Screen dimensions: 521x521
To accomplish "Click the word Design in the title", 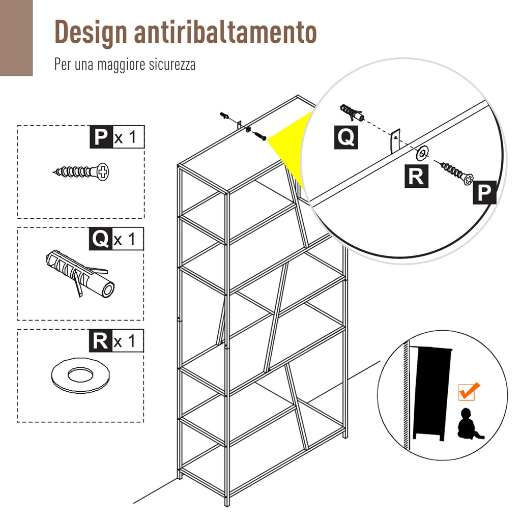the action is [91, 32].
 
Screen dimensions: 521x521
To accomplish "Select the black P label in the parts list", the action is [101, 137].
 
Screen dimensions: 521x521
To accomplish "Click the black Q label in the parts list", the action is [100, 239].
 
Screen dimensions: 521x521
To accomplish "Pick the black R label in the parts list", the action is [100, 341].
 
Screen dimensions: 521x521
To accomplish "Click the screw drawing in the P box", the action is [81, 172].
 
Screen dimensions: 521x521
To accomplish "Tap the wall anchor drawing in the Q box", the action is [80, 273].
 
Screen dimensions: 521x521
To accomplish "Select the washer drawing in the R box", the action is [80, 374].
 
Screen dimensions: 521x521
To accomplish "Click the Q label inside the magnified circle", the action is [346, 137].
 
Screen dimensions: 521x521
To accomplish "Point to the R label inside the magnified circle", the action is [416, 176].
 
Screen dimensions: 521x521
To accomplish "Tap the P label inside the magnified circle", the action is [484, 192].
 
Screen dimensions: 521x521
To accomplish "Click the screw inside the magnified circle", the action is [457, 172].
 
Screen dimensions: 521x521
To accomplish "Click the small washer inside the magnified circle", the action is [422, 153].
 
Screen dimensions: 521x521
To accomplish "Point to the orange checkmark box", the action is [469, 391].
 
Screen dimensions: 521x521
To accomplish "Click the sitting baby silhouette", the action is [469, 424].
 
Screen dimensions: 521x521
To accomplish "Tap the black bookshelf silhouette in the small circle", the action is [432, 394].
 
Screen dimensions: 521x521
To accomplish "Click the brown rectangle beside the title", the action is [16, 38].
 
